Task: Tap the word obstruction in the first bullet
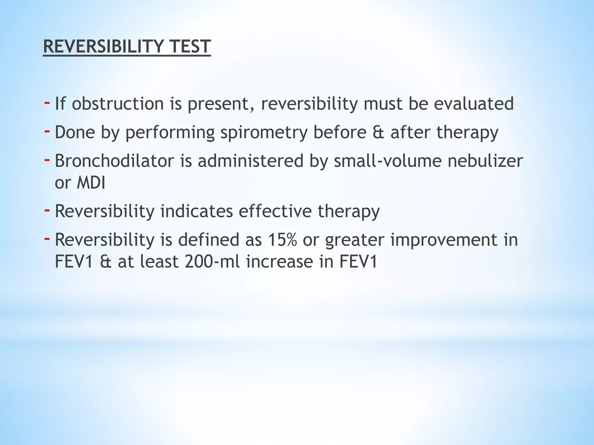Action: coord(118,104)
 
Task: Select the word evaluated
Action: coord(474,104)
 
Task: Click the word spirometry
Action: coord(264,133)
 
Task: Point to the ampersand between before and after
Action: coord(378,132)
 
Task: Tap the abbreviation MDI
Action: coord(91,183)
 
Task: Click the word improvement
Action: coord(443,240)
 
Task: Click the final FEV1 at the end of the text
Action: coord(358,262)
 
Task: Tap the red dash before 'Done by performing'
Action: coord(47,131)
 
